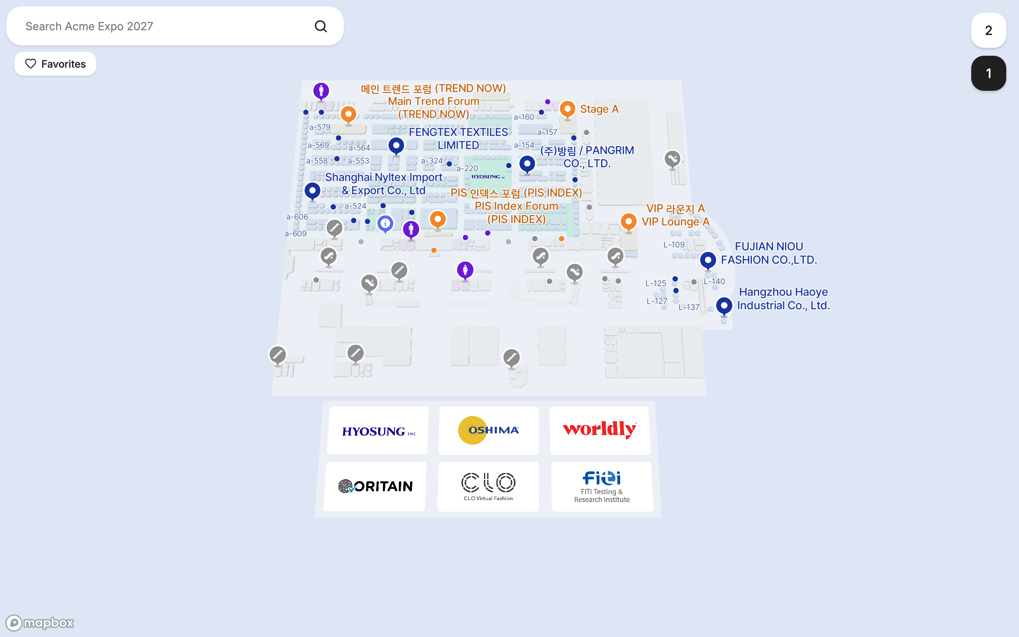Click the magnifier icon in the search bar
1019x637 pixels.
coord(321,26)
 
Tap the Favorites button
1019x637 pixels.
coord(55,64)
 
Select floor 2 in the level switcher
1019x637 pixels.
coord(988,30)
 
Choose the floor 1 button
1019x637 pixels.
coord(988,73)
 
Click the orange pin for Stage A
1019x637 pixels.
coord(567,109)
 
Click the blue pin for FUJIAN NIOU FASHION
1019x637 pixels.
coord(708,261)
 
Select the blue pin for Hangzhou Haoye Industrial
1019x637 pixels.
coord(724,306)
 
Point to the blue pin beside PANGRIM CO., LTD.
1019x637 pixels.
coord(527,164)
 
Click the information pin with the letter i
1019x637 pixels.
coord(385,224)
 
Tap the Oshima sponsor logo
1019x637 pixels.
coord(488,430)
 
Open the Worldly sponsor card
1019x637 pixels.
coord(600,430)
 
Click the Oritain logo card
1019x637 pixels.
coord(375,486)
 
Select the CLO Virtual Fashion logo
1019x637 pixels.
coord(488,486)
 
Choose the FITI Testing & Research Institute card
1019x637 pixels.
coord(602,486)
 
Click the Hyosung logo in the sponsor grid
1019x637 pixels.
coord(378,430)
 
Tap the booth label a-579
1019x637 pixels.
coord(320,127)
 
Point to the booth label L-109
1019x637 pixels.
coord(674,245)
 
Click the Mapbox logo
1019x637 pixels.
coord(39,623)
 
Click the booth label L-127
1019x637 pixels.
coord(657,301)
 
